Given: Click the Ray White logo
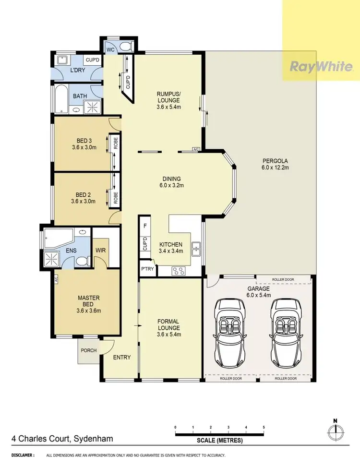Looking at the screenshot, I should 321,67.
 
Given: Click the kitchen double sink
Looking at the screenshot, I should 196,248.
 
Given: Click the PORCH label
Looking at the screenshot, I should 88,350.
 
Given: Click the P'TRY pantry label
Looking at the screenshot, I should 147,269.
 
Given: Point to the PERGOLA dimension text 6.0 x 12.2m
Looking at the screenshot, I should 275,167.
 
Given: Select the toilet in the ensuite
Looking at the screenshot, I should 82,261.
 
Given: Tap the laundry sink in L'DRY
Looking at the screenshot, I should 62,60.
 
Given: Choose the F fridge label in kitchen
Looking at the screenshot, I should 144,225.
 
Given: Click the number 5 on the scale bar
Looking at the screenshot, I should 264,427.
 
